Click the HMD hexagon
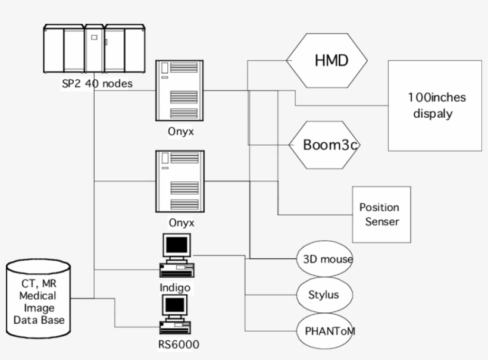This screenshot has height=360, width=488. point(327,60)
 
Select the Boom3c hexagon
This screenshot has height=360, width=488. point(325,145)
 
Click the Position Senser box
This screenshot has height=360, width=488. point(381,214)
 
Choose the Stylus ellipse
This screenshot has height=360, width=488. point(325,295)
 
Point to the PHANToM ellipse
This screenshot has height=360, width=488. point(325,330)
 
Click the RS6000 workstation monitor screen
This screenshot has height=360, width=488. point(177,306)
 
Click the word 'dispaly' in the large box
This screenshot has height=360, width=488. point(433,114)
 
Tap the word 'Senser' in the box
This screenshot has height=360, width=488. point(379,221)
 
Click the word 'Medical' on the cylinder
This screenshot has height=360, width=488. point(38,295)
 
